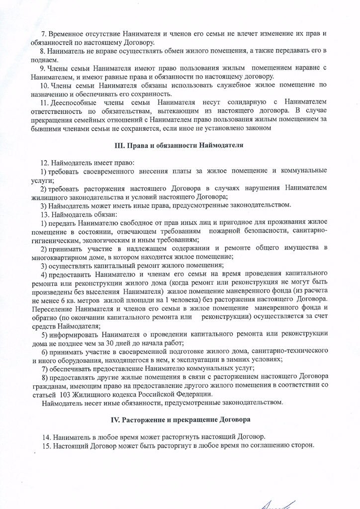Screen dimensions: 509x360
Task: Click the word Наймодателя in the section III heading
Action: [221, 146]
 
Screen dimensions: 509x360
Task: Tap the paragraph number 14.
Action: [46, 437]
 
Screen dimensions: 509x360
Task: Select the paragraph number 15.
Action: [46, 445]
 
